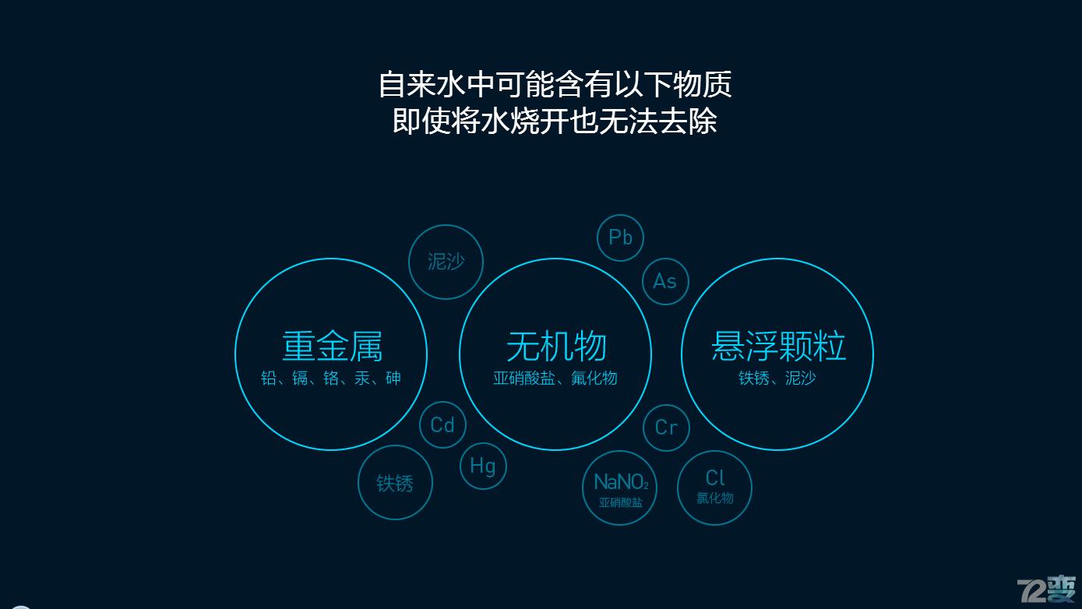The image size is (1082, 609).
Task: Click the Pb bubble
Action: point(620,238)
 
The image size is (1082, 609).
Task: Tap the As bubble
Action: point(665,281)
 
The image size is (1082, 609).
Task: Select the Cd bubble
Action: point(442,424)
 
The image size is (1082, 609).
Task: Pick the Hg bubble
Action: point(483,466)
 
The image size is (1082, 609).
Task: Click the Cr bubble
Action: point(666,428)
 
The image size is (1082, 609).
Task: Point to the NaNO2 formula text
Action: point(621,482)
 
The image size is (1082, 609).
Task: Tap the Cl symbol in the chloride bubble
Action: point(715,477)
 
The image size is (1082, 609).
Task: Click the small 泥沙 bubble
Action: point(446,262)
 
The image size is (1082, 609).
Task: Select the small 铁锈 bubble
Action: point(395,483)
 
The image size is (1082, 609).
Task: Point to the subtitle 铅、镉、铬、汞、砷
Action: point(331,378)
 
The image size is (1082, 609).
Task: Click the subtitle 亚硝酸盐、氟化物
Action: point(555,378)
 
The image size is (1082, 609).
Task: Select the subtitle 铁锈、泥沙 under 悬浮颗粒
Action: point(777,378)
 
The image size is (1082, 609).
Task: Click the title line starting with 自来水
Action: point(555,84)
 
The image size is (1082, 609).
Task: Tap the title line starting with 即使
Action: point(555,121)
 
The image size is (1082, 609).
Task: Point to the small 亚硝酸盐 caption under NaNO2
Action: point(621,503)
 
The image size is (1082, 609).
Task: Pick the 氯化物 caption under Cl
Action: point(715,498)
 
